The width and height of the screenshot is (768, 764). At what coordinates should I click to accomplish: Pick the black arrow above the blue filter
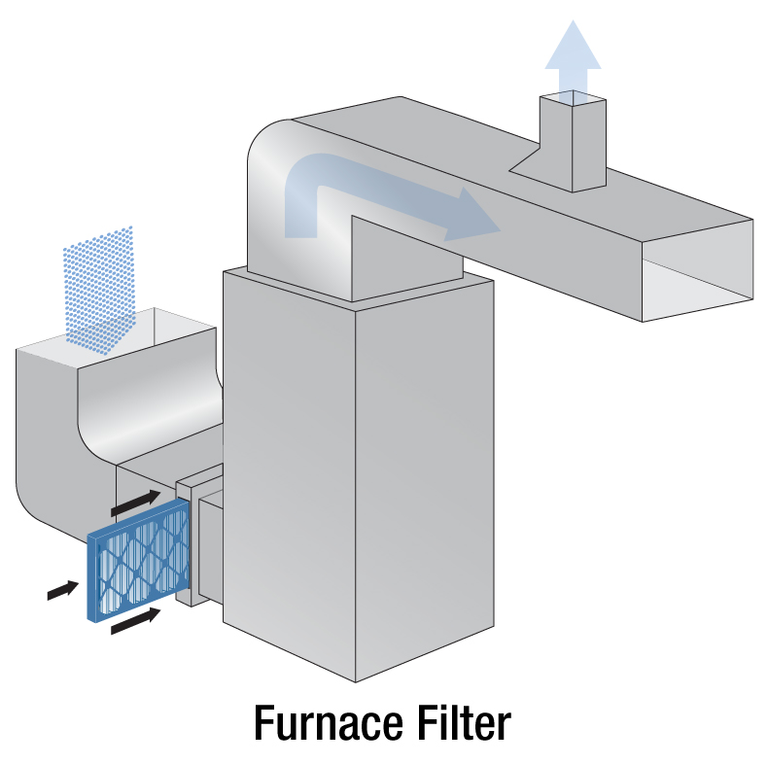pos(132,503)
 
